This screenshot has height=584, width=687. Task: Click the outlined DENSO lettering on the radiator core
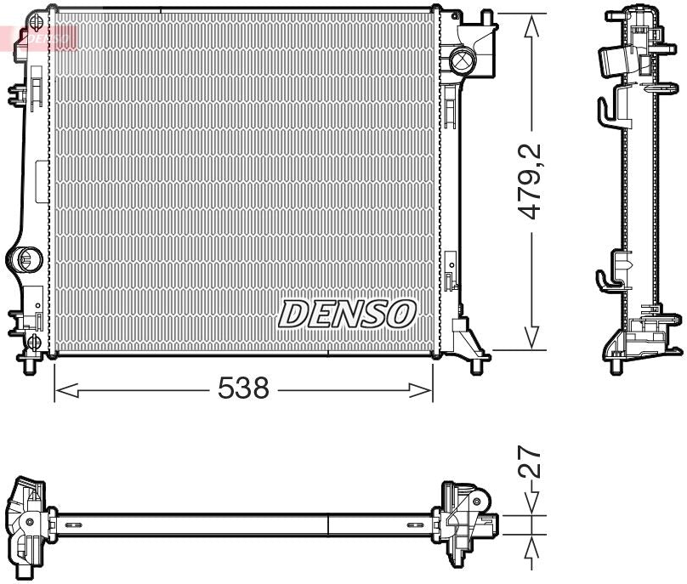click(x=346, y=315)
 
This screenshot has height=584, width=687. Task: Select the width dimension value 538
click(x=243, y=389)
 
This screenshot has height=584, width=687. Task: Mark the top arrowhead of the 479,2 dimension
click(x=532, y=26)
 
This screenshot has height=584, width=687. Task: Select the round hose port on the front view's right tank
click(x=463, y=60)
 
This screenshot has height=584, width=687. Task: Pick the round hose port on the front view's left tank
click(x=26, y=258)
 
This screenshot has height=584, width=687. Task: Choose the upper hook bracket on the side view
click(x=605, y=111)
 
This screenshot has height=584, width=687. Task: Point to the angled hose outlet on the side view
click(x=615, y=60)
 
